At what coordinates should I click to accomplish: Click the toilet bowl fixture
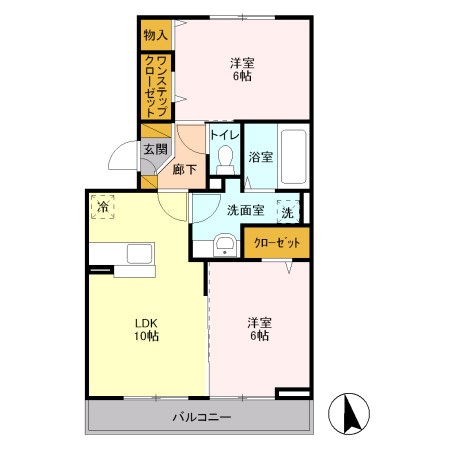225,160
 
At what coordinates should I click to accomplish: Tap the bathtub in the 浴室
293,156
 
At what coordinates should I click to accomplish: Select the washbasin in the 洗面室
225,245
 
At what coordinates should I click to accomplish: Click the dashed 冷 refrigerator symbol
103,207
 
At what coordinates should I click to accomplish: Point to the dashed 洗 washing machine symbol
288,212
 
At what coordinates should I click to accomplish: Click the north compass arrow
350,413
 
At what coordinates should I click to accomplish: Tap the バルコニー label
202,417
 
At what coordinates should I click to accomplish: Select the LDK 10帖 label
146,329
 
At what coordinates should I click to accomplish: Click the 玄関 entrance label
155,149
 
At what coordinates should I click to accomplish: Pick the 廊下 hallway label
184,170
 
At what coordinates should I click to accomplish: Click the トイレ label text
225,135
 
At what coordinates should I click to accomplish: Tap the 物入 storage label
155,35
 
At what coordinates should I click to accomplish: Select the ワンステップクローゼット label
156,86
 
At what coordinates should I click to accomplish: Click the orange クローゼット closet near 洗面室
277,242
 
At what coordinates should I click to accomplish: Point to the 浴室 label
261,157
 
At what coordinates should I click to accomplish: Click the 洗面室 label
246,210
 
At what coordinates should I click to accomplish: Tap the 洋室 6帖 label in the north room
242,69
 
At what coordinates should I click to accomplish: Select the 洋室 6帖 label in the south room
259,329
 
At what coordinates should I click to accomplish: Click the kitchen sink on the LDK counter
140,254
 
